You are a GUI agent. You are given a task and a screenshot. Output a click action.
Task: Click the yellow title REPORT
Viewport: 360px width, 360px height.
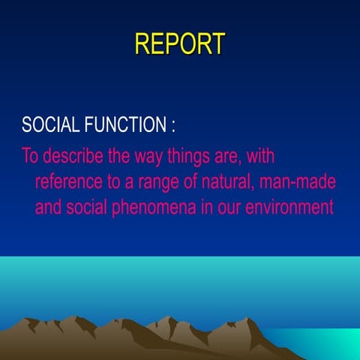pos(179,43)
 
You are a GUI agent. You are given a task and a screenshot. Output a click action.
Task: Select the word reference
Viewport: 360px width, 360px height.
pos(70,182)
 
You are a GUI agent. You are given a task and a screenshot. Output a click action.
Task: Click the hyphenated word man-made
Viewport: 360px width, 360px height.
pos(299,182)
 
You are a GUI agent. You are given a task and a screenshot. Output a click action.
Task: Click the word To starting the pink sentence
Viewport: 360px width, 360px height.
pos(30,157)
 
